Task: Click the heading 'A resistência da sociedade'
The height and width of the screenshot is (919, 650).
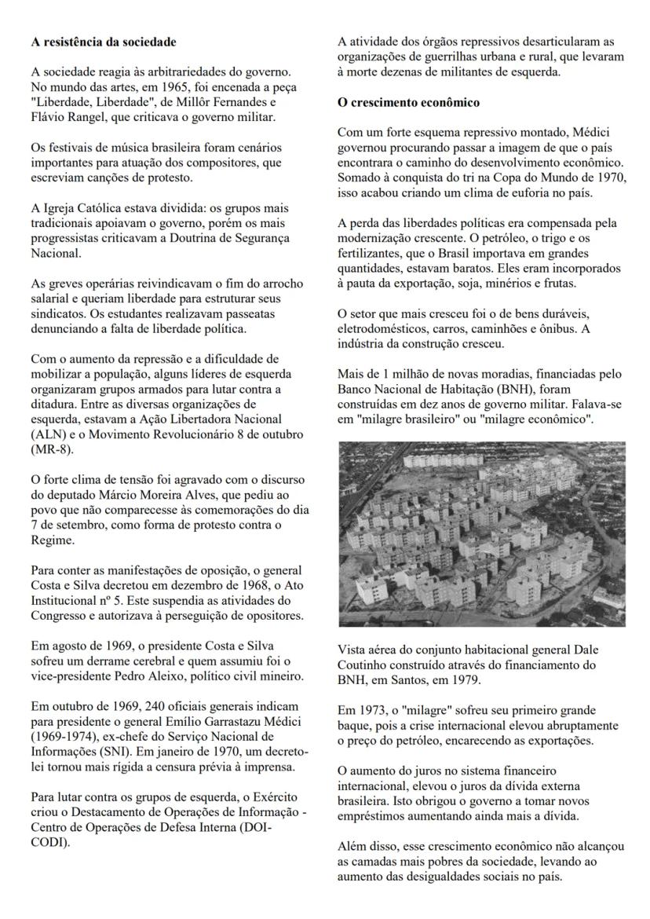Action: pos(104,42)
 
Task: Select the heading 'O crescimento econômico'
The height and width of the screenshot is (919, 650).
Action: pos(408,103)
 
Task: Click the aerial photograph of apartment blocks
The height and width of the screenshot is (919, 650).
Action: pos(481,533)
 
